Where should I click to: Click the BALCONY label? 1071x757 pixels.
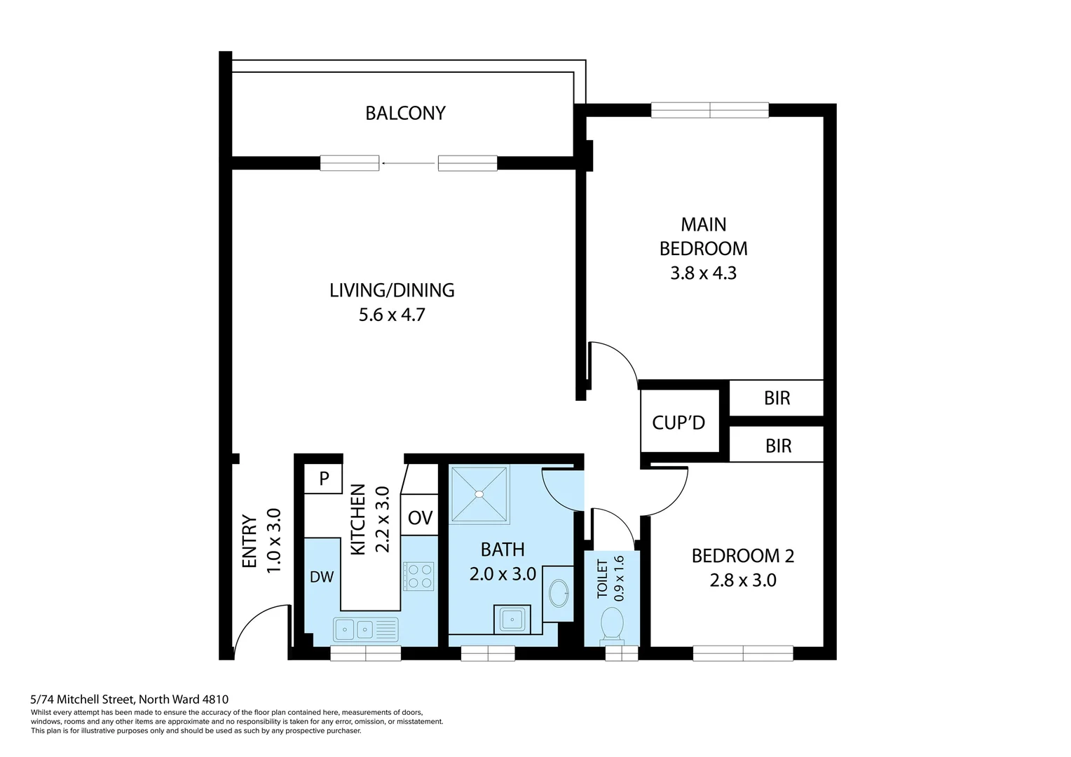405,113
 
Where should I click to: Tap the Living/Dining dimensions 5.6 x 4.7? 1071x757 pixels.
392,315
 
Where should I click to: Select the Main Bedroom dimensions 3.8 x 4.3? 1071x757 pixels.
703,273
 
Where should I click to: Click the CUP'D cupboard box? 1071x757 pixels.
678,422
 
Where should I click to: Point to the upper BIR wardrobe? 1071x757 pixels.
777,398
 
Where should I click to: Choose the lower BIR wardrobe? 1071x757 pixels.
777,446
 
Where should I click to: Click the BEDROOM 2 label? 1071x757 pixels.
742,556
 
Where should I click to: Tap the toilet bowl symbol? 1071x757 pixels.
612,623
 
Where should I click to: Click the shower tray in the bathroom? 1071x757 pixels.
479,494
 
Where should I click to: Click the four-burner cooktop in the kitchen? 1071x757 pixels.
418,576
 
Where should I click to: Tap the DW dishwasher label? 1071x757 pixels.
322,577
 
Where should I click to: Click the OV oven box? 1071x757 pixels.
420,518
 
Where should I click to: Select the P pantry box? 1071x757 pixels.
324,479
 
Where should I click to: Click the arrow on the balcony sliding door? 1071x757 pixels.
408,163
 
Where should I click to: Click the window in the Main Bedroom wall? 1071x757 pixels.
709,110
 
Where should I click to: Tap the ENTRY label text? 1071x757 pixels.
250,541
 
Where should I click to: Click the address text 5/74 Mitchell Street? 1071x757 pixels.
129,699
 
